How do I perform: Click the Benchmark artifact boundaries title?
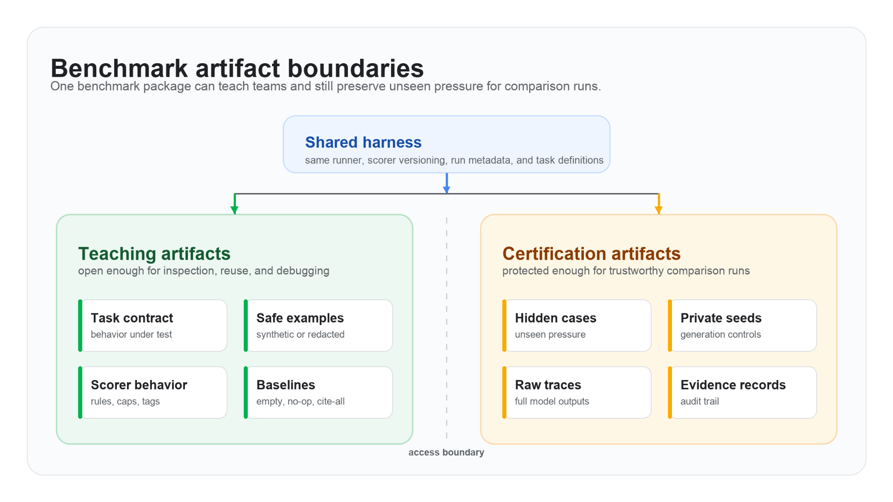237,68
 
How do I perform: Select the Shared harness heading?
363,142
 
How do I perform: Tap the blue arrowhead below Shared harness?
446,190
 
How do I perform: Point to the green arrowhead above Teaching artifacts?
235,210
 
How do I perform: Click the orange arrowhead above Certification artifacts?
658,210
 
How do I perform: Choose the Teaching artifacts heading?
154,254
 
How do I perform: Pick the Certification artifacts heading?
591,254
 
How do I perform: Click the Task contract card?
153,326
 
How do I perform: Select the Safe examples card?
318,326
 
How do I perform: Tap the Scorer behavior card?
153,393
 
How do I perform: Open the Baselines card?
318,393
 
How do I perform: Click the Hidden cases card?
577,326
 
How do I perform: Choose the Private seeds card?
743,326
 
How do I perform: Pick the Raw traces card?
577,393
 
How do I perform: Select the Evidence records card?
743,393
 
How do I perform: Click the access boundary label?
446,452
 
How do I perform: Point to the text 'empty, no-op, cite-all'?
300,401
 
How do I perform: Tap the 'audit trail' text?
700,401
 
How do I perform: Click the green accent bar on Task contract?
80,326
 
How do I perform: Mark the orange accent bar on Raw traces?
504,393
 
